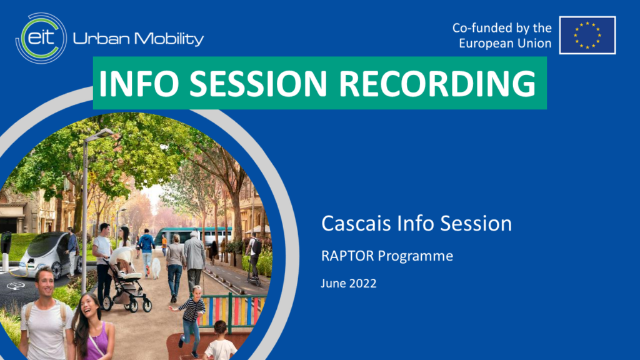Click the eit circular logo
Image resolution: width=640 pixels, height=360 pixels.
(41, 38)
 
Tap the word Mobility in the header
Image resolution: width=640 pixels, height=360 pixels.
(169, 39)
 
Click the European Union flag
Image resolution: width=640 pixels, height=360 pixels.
(587, 35)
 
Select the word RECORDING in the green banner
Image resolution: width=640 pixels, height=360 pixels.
(437, 83)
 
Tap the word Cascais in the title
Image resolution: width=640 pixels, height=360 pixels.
(356, 223)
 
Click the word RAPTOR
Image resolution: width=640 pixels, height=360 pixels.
(347, 256)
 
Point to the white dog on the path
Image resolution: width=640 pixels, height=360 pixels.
(156, 268)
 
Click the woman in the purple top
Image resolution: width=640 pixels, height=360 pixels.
(92, 326)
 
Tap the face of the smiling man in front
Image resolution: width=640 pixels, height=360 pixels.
(45, 282)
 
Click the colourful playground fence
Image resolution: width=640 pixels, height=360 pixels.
(231, 311)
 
